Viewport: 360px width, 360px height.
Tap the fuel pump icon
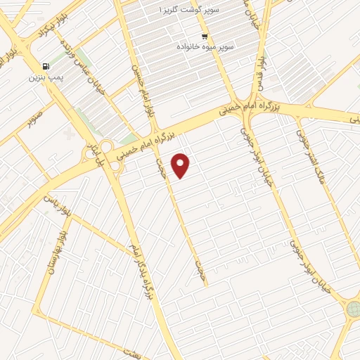[x=46, y=66]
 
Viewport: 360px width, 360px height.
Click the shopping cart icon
[x=205, y=37]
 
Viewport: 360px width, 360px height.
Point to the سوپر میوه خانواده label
[x=206, y=46]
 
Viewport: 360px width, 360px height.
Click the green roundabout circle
[x=353, y=309]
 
